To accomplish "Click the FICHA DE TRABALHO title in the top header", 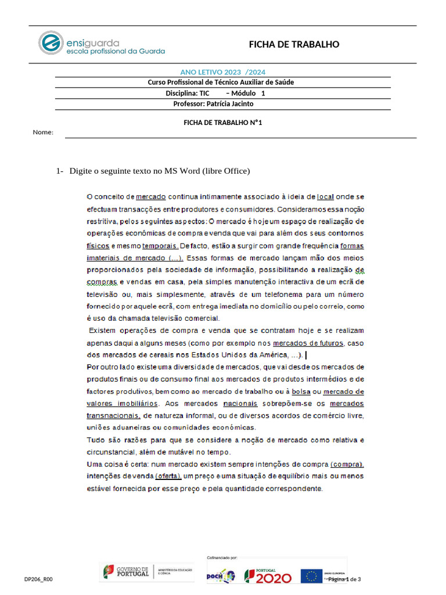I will [x=294, y=45].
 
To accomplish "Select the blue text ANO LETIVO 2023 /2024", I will [x=223, y=72].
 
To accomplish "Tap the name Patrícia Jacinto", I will [x=230, y=104].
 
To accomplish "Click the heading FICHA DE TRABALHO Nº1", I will [x=219, y=123].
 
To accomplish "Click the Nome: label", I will [x=43, y=132].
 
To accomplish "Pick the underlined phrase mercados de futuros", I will [x=308, y=343].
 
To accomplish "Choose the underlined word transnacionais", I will [x=113, y=415].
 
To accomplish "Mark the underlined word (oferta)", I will [x=168, y=476].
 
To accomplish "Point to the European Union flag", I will [x=311, y=576].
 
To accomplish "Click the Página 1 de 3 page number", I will [x=344, y=579].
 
